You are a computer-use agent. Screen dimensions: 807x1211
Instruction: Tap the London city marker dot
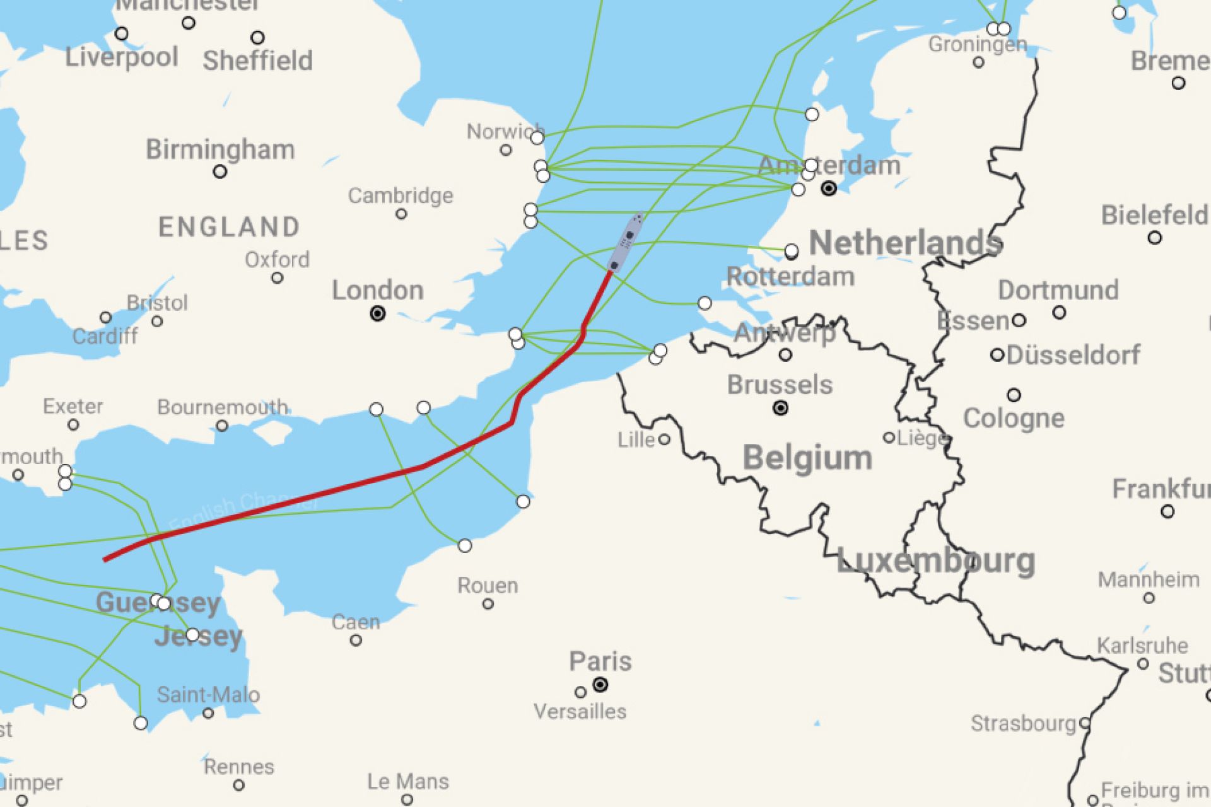(378, 313)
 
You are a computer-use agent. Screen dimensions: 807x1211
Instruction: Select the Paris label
(600, 661)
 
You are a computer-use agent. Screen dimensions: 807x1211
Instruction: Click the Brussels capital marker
(780, 408)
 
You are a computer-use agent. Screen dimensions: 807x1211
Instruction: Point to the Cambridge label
(401, 195)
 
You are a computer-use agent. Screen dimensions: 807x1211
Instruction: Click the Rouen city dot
(488, 604)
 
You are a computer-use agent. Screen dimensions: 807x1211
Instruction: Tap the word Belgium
(807, 458)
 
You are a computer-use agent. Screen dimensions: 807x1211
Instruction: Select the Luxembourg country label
(935, 560)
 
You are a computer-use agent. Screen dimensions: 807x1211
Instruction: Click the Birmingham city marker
(219, 171)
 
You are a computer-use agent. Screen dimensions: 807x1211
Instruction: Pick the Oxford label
(277, 259)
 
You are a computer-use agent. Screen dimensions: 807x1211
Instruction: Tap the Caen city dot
(356, 641)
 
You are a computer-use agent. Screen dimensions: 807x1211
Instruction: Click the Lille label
(636, 439)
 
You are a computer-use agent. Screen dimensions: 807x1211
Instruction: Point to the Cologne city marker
(1014, 395)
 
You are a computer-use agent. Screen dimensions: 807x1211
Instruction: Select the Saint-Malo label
(208, 695)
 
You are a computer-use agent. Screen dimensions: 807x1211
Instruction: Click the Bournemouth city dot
(222, 426)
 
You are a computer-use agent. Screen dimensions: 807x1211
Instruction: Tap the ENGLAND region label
(229, 227)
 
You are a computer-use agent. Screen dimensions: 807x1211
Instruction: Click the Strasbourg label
(1022, 723)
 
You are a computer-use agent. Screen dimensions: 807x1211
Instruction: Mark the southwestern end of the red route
(105, 559)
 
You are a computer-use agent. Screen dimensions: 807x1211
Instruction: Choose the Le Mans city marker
(407, 799)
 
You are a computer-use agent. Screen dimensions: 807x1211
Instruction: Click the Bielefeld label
(1154, 216)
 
